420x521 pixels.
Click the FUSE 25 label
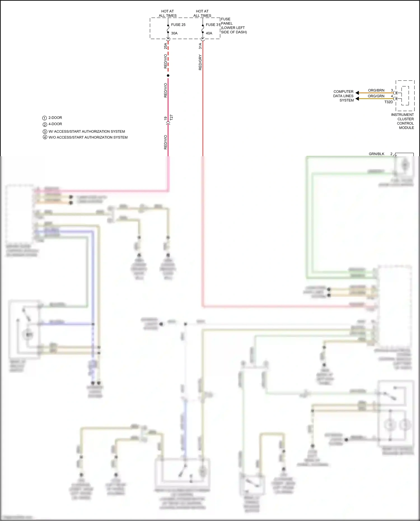[178, 25]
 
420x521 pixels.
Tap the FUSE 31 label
[213, 25]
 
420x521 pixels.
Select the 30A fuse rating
[174, 33]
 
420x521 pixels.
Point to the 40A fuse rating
[209, 33]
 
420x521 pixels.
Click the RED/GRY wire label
[200, 62]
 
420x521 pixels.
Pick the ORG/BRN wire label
[376, 90]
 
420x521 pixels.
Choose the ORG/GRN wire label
[376, 96]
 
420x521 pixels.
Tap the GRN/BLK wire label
[376, 154]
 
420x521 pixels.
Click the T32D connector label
[388, 102]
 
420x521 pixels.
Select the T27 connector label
[171, 118]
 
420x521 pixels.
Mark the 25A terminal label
[165, 46]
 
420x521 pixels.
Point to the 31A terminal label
[200, 46]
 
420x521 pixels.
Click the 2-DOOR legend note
[55, 118]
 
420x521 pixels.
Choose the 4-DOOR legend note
[55, 124]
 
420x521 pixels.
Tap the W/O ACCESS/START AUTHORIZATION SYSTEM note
[88, 137]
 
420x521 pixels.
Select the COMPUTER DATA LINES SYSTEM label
[344, 96]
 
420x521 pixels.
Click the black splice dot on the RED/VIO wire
[168, 76]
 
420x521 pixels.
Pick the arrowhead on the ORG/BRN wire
[357, 93]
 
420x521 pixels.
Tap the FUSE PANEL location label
[234, 26]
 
